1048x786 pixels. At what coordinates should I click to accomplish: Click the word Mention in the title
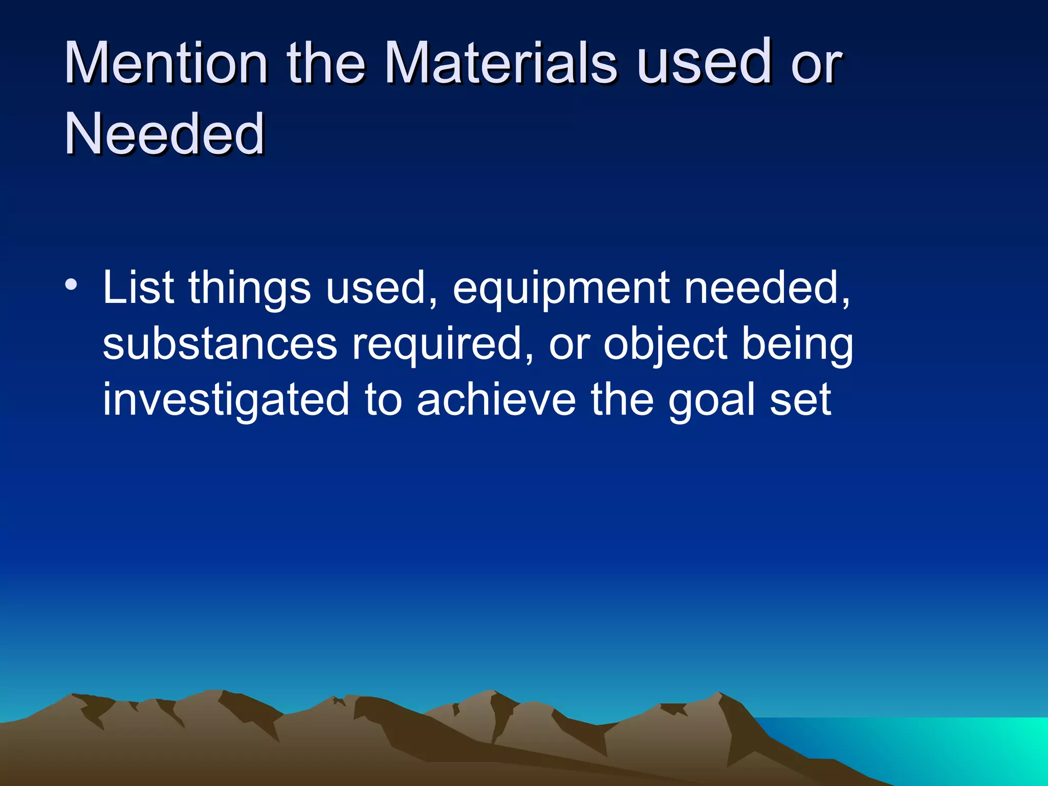[x=166, y=62]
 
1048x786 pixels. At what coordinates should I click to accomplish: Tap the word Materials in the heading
[x=500, y=62]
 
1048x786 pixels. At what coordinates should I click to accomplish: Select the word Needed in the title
[x=164, y=134]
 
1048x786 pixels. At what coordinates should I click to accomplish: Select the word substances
[x=220, y=344]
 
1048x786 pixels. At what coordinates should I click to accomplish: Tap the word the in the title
[x=326, y=62]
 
